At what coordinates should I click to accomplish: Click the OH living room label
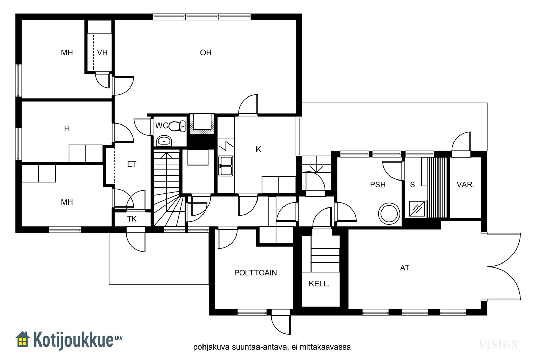click(x=206, y=53)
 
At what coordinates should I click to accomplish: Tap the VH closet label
click(x=102, y=53)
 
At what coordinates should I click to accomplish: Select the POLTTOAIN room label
click(x=255, y=273)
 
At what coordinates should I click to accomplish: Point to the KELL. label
click(x=319, y=284)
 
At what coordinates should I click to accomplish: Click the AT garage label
click(x=405, y=268)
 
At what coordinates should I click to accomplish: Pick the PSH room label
click(x=378, y=185)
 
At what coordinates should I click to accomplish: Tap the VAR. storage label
click(x=465, y=185)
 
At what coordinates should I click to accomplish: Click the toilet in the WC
click(x=177, y=126)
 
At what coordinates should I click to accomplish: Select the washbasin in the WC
click(x=164, y=141)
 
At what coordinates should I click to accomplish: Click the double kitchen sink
click(x=226, y=166)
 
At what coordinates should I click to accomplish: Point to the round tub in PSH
click(x=389, y=214)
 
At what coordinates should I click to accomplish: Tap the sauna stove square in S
click(x=417, y=209)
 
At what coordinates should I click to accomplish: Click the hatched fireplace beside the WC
click(x=202, y=124)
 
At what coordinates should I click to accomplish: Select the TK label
click(x=132, y=219)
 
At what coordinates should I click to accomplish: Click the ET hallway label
click(x=132, y=164)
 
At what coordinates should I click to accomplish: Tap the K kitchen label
click(x=258, y=149)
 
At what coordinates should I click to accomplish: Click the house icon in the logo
click(x=23, y=339)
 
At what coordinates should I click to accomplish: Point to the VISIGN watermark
click(x=498, y=345)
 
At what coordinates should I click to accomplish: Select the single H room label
click(x=67, y=129)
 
